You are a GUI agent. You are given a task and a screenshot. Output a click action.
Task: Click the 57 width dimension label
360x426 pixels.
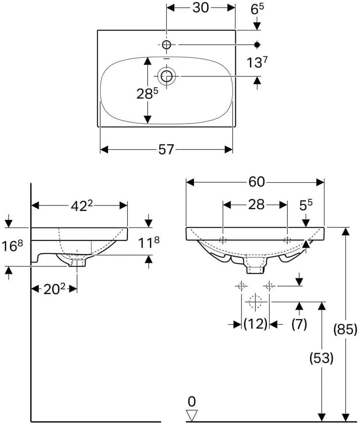pyautogui.click(x=166, y=149)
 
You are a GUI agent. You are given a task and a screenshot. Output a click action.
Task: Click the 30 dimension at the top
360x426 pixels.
pyautogui.click(x=201, y=8)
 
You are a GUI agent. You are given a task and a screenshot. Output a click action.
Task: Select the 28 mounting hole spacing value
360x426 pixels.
pyautogui.click(x=256, y=205)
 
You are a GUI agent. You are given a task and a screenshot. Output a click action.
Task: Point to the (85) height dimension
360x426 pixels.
pyautogui.click(x=345, y=330)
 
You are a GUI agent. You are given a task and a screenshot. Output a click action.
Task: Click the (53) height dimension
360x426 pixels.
pyautogui.click(x=321, y=358)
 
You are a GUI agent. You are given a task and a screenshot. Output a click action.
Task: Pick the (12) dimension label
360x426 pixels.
pyautogui.click(x=255, y=324)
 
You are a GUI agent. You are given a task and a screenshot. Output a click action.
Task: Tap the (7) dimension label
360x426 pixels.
pyautogui.click(x=299, y=324)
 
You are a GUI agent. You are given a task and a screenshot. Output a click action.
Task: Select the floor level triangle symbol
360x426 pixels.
pyautogui.click(x=192, y=415)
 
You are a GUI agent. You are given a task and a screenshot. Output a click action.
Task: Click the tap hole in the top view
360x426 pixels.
pyautogui.click(x=167, y=45)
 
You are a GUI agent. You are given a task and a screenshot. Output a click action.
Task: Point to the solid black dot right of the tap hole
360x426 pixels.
pyautogui.click(x=257, y=45)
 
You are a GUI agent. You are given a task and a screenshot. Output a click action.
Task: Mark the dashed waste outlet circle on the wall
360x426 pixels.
pyautogui.click(x=255, y=301)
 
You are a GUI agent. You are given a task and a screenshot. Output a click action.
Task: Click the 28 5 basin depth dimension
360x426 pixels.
pyautogui.click(x=147, y=94)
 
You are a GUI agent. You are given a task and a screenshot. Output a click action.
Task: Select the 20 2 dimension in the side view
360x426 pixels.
pyautogui.click(x=54, y=289)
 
